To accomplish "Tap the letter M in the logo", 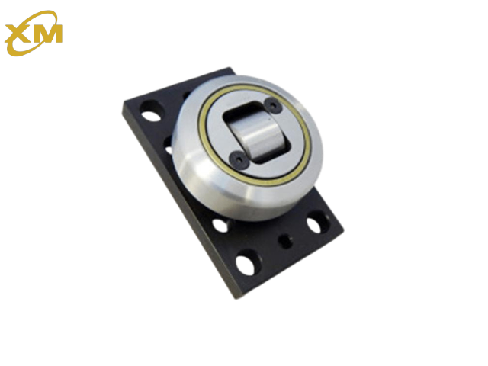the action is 49,33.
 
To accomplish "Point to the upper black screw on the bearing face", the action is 273,105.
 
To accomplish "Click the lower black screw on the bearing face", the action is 239,159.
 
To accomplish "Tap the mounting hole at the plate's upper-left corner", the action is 151,114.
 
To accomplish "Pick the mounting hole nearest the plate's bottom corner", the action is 247,264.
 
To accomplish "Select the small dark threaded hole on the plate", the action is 285,241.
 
